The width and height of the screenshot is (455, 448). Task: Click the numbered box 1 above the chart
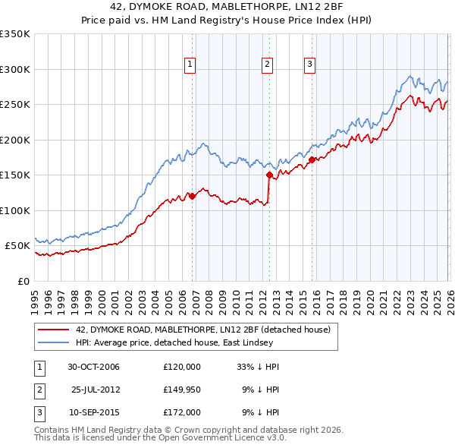(189, 65)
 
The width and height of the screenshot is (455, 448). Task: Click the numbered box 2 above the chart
(268, 65)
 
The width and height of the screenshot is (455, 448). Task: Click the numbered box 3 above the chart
(310, 65)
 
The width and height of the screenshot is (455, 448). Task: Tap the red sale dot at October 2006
(192, 196)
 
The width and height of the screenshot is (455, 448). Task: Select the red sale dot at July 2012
(269, 175)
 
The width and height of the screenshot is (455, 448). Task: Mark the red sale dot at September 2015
(312, 159)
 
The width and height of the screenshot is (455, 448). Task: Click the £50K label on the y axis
(17, 246)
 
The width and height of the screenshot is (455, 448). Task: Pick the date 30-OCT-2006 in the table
(93, 367)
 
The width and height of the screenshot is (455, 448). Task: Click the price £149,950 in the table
(182, 390)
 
